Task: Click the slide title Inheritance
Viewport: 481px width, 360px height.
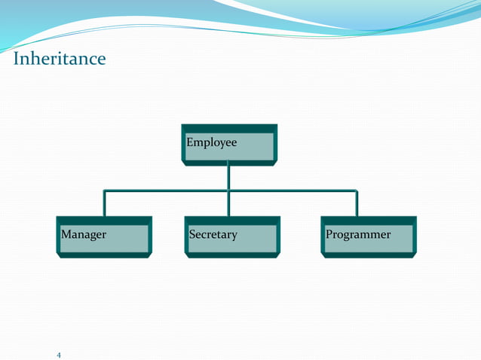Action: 60,58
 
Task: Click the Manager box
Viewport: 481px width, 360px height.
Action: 104,236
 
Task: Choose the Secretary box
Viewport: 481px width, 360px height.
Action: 232,236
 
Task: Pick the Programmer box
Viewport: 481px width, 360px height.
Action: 369,236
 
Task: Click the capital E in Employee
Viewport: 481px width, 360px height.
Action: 190,142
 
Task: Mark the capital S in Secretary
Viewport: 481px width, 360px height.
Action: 193,234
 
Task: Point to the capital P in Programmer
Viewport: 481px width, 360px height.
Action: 329,234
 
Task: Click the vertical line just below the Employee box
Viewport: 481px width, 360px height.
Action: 228,177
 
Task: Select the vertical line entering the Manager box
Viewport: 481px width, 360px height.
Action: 104,205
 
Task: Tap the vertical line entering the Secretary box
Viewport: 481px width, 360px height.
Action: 228,205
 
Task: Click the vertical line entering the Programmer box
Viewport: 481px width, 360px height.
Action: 357,205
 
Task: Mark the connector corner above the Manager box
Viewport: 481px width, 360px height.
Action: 104,191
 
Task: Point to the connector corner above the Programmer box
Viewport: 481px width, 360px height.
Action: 357,191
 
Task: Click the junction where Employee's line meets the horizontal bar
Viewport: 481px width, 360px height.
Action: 228,191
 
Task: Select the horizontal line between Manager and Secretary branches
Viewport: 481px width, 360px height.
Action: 166,191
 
